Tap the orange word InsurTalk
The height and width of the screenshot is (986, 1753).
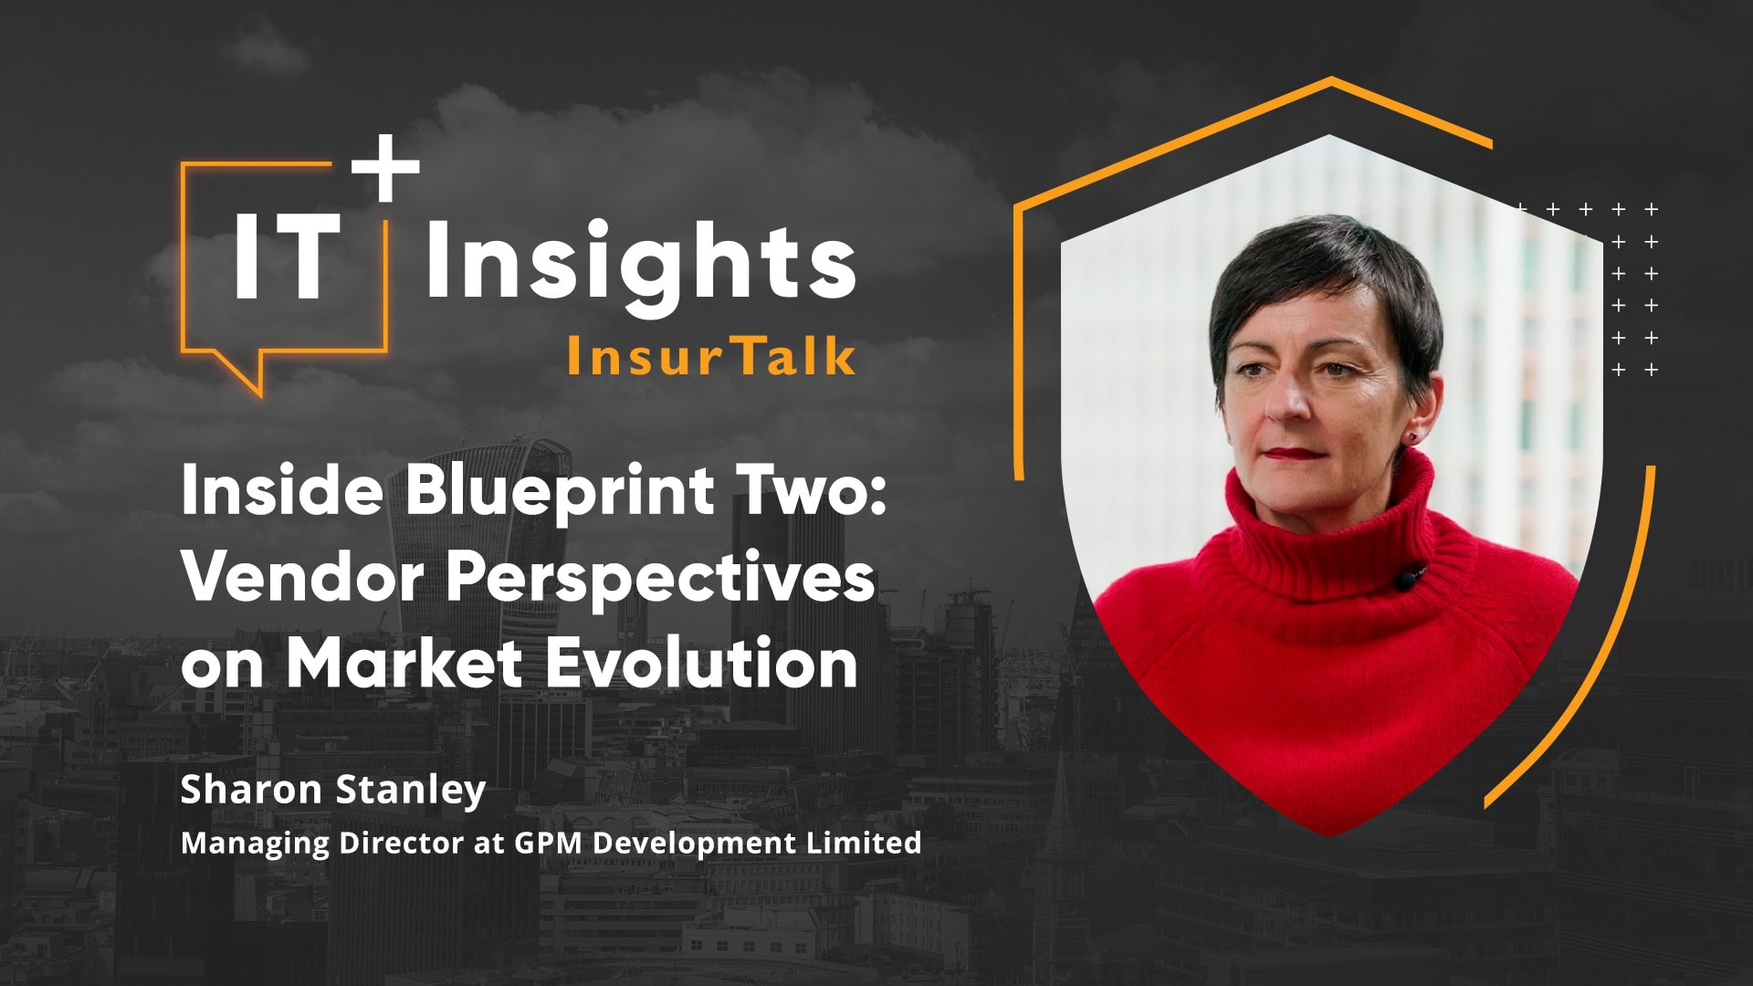click(710, 356)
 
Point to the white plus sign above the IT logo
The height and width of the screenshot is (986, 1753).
click(385, 168)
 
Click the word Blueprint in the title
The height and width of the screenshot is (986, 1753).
click(560, 491)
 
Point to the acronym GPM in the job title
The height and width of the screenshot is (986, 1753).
click(547, 842)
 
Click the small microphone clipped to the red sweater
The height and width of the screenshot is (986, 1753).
click(1407, 577)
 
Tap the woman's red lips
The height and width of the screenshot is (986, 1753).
click(1291, 453)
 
